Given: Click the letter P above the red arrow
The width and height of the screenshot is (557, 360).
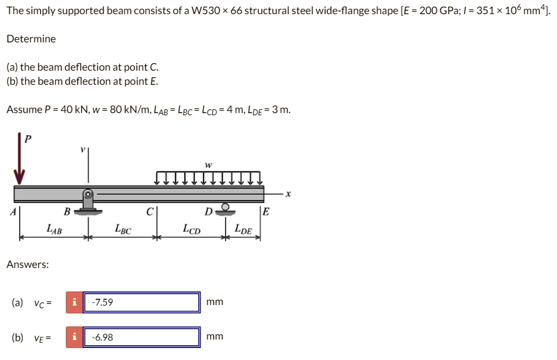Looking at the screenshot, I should point(28,139).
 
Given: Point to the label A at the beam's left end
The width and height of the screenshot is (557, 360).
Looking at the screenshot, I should point(13,212).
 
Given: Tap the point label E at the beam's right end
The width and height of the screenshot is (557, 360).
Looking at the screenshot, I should point(265,212).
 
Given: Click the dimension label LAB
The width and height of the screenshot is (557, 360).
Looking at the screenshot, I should point(53,230).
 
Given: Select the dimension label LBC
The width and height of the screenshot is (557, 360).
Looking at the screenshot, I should point(123,230).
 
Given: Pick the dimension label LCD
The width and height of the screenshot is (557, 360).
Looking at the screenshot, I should point(191,230).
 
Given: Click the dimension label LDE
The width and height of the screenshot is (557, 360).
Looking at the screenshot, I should point(243,230).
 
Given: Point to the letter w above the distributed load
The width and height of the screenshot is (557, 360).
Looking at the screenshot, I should point(208,164).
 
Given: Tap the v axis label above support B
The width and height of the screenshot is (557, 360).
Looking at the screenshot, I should point(83,149).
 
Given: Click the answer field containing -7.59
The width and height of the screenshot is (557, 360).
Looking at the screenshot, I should point(141,302).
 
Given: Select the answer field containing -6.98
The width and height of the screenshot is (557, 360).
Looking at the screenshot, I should point(141,337).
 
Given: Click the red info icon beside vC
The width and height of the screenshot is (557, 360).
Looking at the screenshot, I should point(75,302).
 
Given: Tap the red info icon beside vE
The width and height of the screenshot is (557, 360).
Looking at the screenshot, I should point(75,337).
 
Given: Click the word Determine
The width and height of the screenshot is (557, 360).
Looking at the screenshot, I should point(31,39).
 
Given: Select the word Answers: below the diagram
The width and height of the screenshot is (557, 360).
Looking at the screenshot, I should point(28,265).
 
